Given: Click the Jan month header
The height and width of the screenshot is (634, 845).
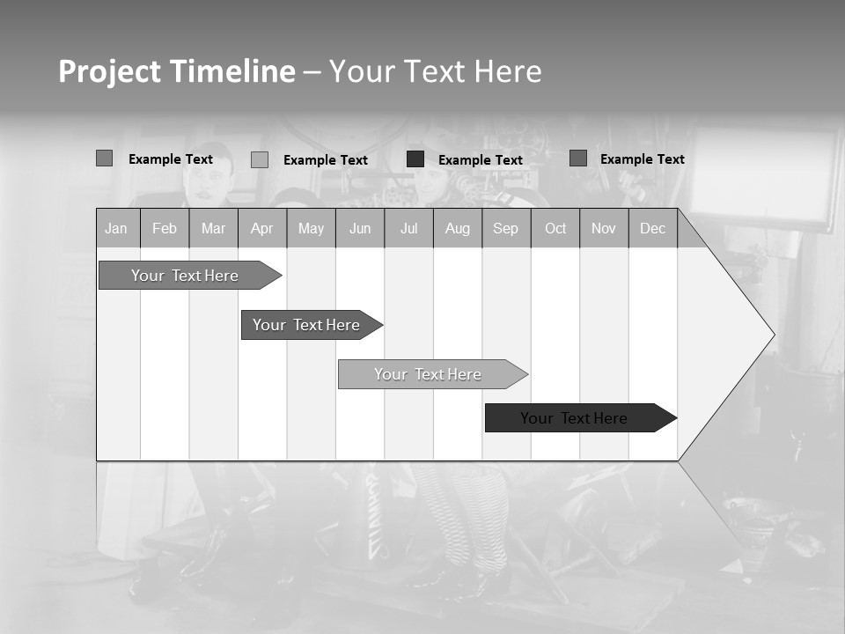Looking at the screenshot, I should [117, 228].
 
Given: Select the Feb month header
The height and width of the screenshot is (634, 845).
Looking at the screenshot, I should [165, 228].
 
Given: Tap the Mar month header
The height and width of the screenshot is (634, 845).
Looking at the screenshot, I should [213, 228].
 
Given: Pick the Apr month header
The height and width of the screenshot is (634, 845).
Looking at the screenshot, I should [262, 228].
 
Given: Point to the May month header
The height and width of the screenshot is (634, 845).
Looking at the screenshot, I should [311, 228].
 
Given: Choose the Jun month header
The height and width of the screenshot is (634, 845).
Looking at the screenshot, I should [360, 228].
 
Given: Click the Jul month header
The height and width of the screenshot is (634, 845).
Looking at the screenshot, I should [409, 228].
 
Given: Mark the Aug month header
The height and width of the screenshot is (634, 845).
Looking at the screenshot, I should [458, 228].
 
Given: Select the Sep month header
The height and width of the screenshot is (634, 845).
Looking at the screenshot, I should [506, 228].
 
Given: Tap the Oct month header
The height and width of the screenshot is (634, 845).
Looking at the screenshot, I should [555, 228].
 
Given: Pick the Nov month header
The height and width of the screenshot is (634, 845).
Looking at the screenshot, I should [604, 228].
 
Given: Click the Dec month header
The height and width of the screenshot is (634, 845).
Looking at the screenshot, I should [653, 228].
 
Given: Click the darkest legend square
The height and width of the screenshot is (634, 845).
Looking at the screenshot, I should [415, 159].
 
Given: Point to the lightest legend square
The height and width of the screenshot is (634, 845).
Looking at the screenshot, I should [260, 159].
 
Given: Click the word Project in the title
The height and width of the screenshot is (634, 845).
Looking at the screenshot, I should [110, 71].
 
